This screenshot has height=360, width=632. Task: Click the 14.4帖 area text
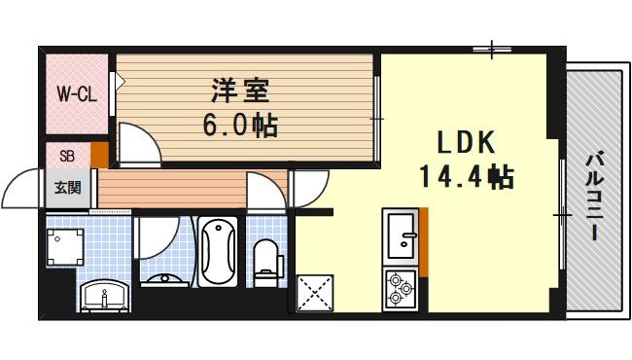(x=466, y=177)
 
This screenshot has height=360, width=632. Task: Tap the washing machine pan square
(x=67, y=249)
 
